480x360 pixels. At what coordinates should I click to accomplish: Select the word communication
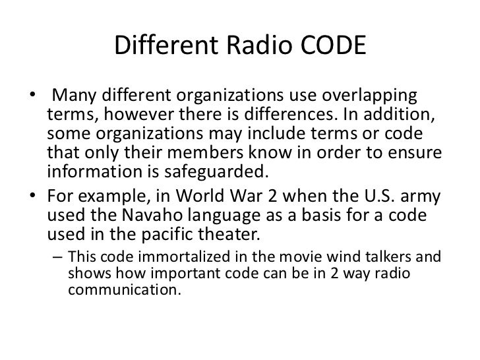(x=123, y=287)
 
